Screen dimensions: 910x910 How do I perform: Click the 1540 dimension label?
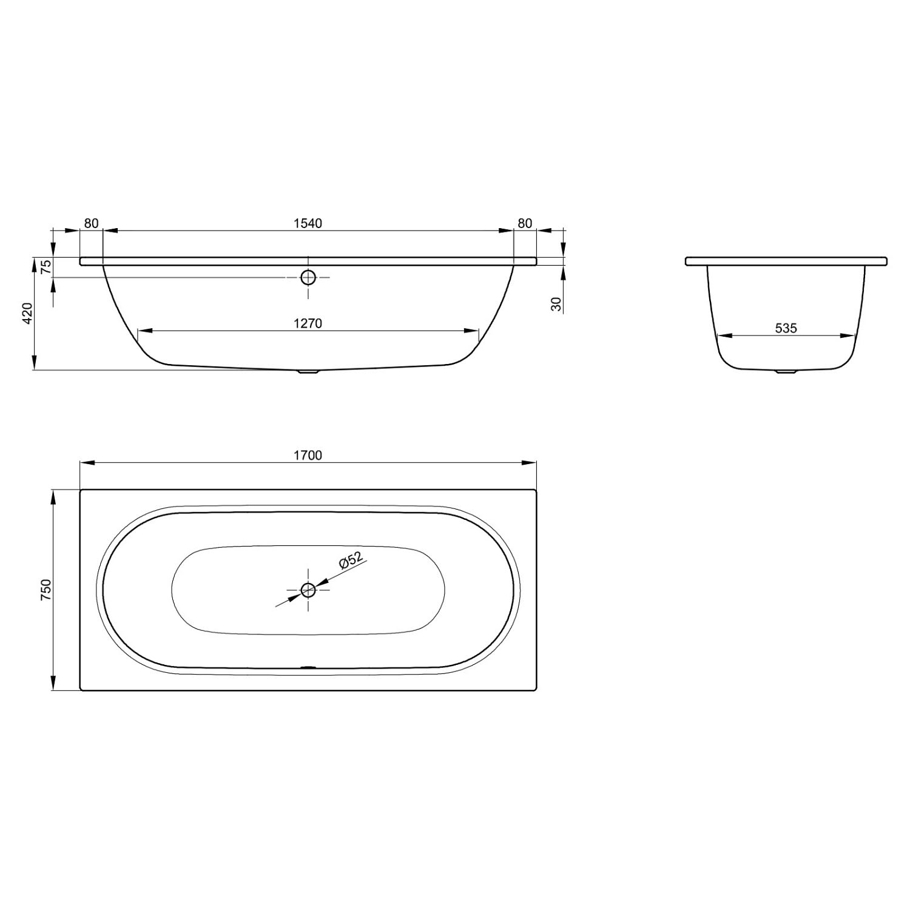(308, 223)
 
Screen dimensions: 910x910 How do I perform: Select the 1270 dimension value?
(308, 323)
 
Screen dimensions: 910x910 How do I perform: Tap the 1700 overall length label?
(308, 455)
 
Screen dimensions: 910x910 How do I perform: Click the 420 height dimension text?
(27, 313)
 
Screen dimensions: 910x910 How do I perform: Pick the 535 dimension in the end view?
(786, 328)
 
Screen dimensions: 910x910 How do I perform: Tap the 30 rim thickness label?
(556, 304)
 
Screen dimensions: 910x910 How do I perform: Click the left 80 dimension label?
(91, 223)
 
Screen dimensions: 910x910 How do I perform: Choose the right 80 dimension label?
(525, 223)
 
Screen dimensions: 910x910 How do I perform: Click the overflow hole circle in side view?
(308, 277)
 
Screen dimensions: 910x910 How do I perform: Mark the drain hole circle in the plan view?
(308, 589)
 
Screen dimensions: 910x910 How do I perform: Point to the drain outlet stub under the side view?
(308, 372)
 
